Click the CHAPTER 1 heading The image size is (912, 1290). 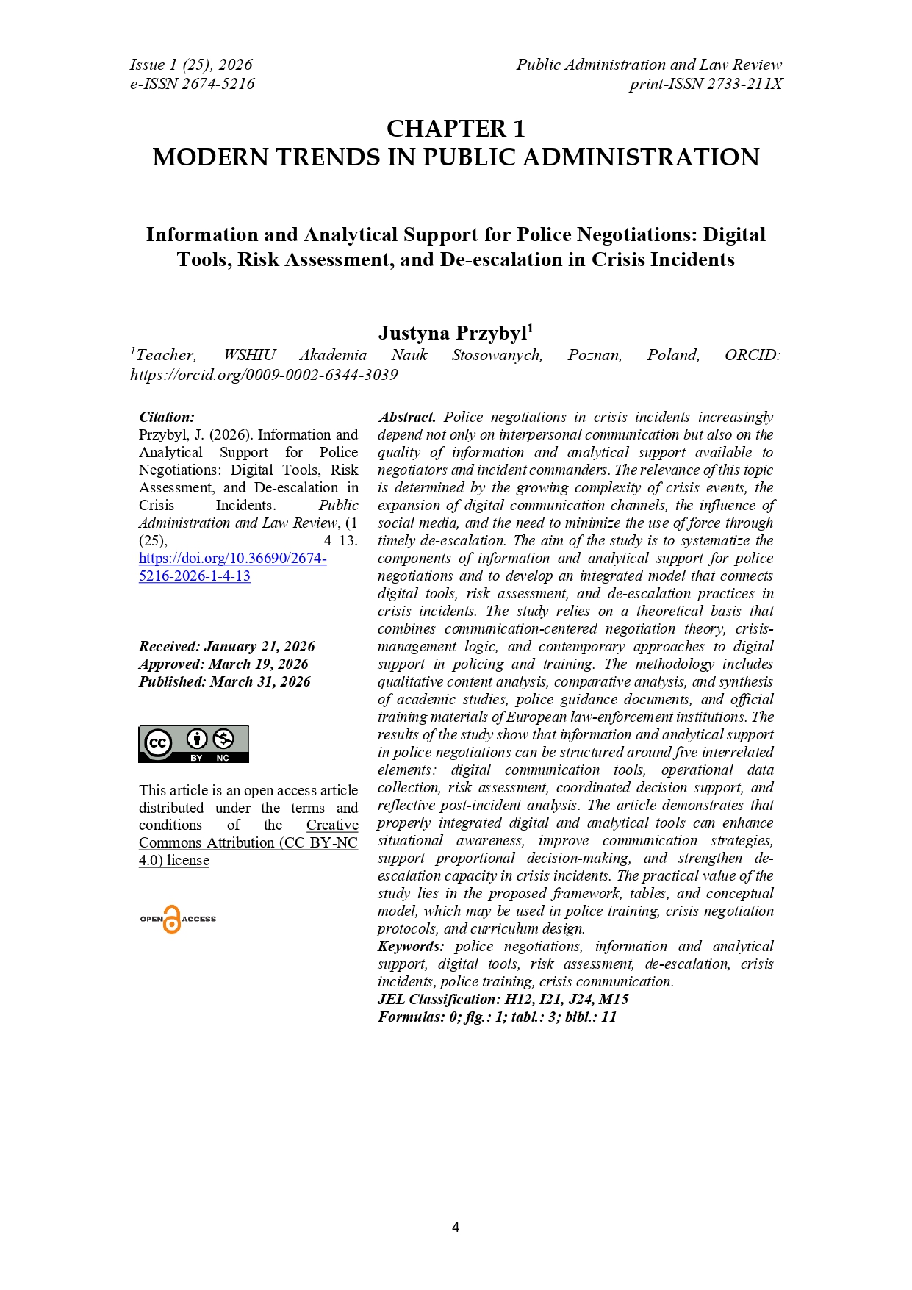pyautogui.click(x=456, y=129)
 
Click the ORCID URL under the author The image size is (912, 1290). pyautogui.click(x=264, y=375)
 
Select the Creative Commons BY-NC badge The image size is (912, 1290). pyautogui.click(x=193, y=744)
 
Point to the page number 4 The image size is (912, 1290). pyautogui.click(x=456, y=1227)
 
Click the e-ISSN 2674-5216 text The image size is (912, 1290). pyautogui.click(x=193, y=84)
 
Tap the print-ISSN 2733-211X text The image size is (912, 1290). pyautogui.click(x=705, y=84)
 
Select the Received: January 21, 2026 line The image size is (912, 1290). pyautogui.click(x=226, y=647)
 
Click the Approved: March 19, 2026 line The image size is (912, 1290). pyautogui.click(x=223, y=664)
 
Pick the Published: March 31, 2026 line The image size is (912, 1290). pyautogui.click(x=224, y=682)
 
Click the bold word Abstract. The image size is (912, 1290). pyautogui.click(x=407, y=418)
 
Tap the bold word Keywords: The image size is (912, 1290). pyautogui.click(x=411, y=947)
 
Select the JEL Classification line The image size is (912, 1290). pyautogui.click(x=503, y=1000)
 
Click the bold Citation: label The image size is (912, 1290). pyautogui.click(x=167, y=418)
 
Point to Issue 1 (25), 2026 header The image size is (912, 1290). pyautogui.click(x=191, y=65)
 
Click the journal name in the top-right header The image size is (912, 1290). pyautogui.click(x=649, y=65)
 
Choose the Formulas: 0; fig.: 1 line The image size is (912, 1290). pyautogui.click(x=497, y=1017)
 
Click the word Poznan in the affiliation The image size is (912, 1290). pyautogui.click(x=595, y=356)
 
